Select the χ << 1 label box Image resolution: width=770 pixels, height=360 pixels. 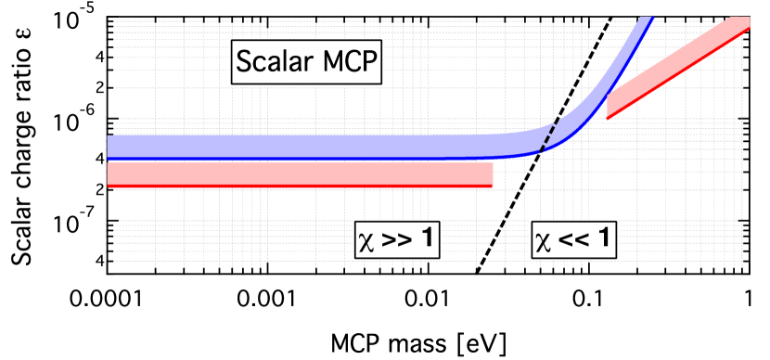click(x=573, y=239)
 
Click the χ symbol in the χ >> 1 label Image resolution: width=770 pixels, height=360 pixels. click(x=366, y=241)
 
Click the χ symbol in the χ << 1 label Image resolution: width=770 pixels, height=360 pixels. click(x=543, y=241)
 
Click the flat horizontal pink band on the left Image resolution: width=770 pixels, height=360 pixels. click(x=297, y=174)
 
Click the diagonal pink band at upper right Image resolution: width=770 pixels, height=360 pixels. click(x=677, y=65)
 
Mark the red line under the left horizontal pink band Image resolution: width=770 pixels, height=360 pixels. click(x=297, y=186)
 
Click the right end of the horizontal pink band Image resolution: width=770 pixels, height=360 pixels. click(x=490, y=174)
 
